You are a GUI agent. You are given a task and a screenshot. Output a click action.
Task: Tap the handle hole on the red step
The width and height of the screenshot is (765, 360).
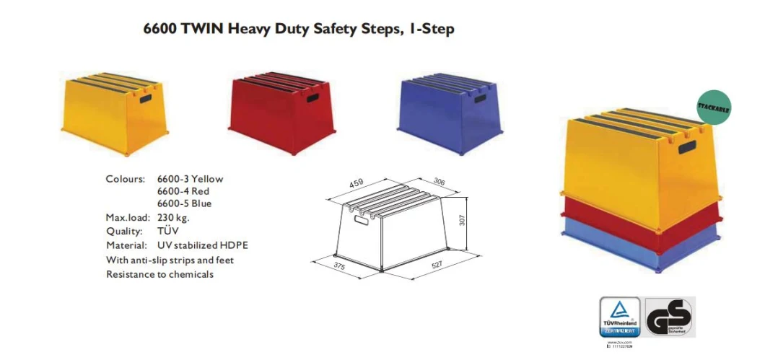312,97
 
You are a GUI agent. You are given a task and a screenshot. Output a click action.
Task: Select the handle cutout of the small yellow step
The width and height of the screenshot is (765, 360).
147,98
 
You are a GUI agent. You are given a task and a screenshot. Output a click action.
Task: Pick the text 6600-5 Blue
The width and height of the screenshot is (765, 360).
185,203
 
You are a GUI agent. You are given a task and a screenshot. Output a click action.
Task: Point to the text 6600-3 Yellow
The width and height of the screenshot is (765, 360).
190,179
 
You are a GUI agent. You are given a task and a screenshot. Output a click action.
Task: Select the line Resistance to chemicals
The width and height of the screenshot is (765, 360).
159,274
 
